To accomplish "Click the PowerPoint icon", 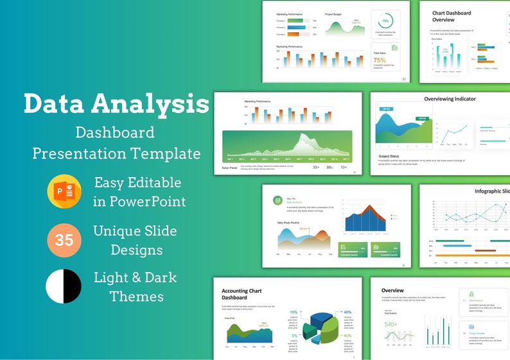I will [64, 192].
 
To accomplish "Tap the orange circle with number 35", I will [64, 240].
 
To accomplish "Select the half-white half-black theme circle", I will [64, 286].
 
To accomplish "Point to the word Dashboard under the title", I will [115, 132].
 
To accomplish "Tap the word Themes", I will [136, 296].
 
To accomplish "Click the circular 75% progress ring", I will [385, 21].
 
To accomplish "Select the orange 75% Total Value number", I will [380, 60].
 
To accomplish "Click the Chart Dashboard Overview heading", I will [452, 16].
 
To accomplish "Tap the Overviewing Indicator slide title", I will [450, 99].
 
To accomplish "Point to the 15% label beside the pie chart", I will [294, 313].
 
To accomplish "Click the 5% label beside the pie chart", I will [294, 336].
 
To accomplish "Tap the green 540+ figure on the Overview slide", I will [391, 325].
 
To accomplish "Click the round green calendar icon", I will [278, 200].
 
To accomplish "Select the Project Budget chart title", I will [333, 13].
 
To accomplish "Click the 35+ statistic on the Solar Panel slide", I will [316, 167].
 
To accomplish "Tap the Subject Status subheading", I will [390, 156].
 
